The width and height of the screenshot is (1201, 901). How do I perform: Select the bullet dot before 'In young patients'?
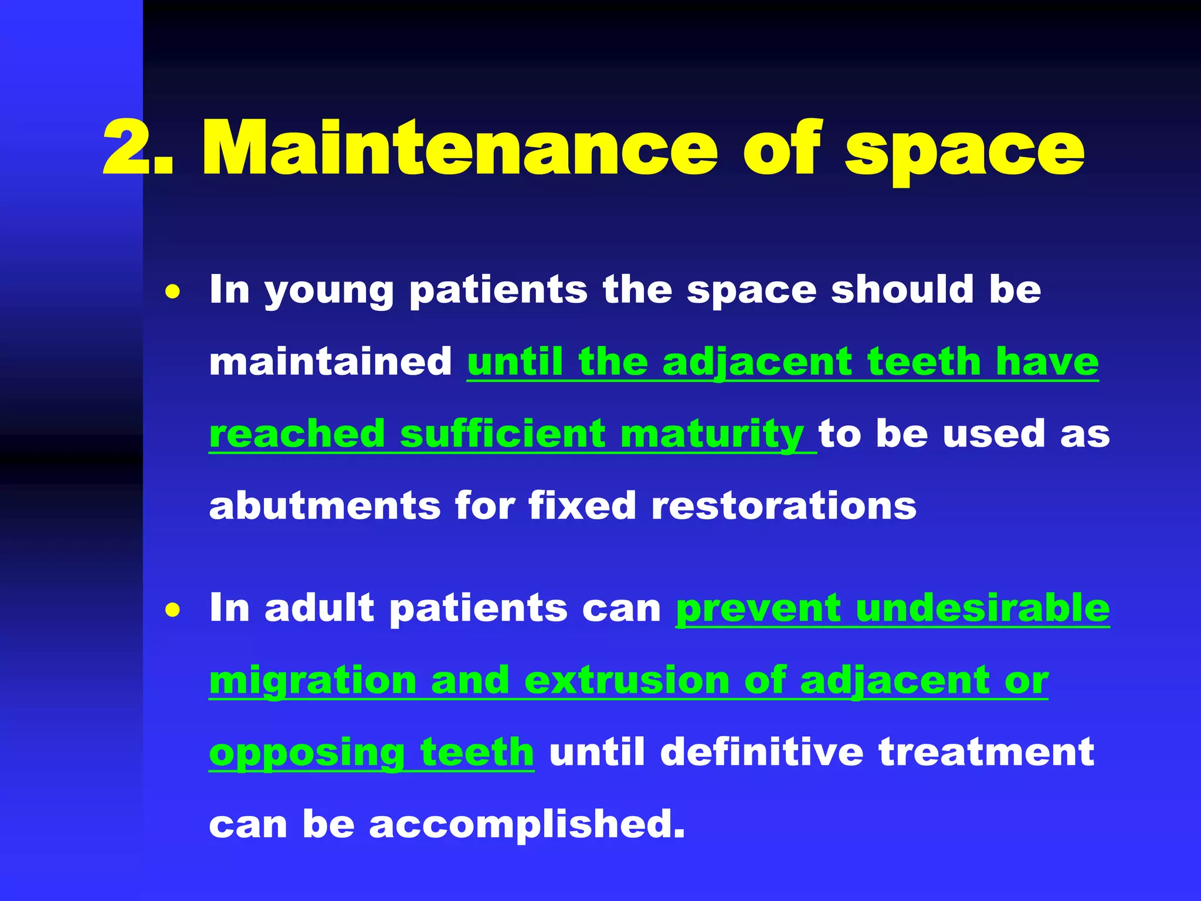coord(172,292)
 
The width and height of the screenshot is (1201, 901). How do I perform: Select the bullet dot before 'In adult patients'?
coord(172,610)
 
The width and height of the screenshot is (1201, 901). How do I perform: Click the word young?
coord(328,292)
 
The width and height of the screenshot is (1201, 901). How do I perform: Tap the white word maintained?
coord(331,362)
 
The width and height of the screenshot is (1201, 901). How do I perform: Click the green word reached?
coord(297,434)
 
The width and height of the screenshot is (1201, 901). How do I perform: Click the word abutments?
coord(324,506)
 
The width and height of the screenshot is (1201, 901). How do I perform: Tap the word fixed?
coord(582,506)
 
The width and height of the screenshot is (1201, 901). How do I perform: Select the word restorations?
coord(783,506)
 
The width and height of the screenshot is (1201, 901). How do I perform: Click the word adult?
coord(319,608)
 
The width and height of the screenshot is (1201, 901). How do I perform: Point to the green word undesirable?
coord(982,608)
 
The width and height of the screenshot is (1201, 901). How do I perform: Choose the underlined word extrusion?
coord(627,680)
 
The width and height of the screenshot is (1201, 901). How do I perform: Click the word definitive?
coord(762,752)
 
